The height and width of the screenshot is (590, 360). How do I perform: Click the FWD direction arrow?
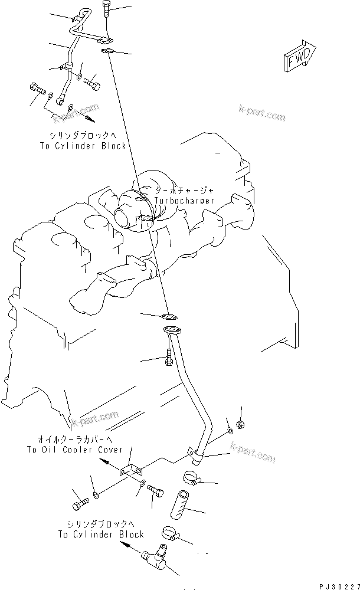(x=301, y=57)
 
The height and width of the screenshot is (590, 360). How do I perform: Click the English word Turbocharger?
(x=185, y=201)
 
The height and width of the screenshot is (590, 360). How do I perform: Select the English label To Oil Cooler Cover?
(x=75, y=450)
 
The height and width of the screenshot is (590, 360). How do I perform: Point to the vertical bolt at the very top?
(x=106, y=9)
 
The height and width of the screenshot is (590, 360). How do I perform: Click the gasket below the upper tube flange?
(x=109, y=53)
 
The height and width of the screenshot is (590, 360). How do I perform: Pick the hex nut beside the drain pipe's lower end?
(x=240, y=424)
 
